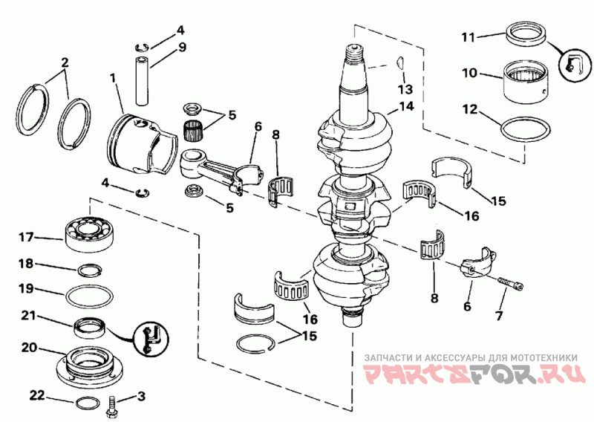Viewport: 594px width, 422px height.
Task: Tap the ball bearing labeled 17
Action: point(90,234)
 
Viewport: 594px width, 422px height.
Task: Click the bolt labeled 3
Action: point(113,408)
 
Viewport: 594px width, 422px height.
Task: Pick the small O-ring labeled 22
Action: point(88,403)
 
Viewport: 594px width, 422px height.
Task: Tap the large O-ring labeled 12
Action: point(525,130)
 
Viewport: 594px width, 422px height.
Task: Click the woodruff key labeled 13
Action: point(401,63)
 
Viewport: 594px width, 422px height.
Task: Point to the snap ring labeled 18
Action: point(90,270)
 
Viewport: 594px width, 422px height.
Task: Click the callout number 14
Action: point(405,106)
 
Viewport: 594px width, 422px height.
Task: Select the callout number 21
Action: point(28,316)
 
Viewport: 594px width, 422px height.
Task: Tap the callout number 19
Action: point(27,288)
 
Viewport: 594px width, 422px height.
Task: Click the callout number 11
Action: point(469,37)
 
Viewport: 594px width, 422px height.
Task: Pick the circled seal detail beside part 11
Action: point(575,65)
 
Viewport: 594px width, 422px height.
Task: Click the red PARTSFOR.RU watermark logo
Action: point(474,375)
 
